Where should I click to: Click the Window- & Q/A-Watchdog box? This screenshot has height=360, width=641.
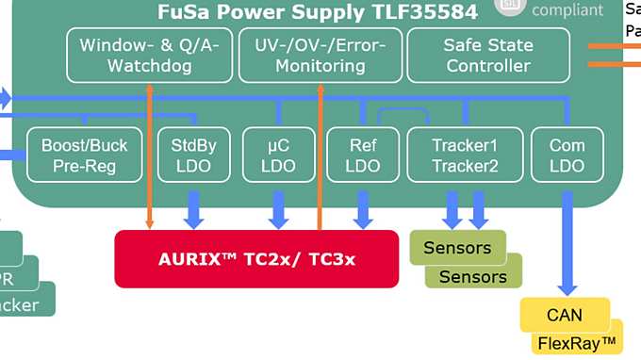149,55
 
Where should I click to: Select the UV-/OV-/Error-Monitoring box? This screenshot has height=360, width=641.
320,55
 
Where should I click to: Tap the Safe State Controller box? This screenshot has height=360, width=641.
488,55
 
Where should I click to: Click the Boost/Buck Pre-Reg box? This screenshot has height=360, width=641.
85,155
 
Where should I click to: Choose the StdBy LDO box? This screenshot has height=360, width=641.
194,155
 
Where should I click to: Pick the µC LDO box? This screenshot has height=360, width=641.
278,155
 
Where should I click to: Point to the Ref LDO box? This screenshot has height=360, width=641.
362,155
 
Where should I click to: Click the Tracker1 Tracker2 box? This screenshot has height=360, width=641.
464,155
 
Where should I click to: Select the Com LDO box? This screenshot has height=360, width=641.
567,155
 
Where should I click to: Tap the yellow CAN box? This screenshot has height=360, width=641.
564,314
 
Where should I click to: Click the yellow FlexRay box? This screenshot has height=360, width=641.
577,343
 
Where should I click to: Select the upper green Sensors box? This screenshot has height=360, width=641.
457,248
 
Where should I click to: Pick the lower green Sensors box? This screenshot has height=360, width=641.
472,276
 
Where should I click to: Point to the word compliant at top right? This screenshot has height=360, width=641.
567,10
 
